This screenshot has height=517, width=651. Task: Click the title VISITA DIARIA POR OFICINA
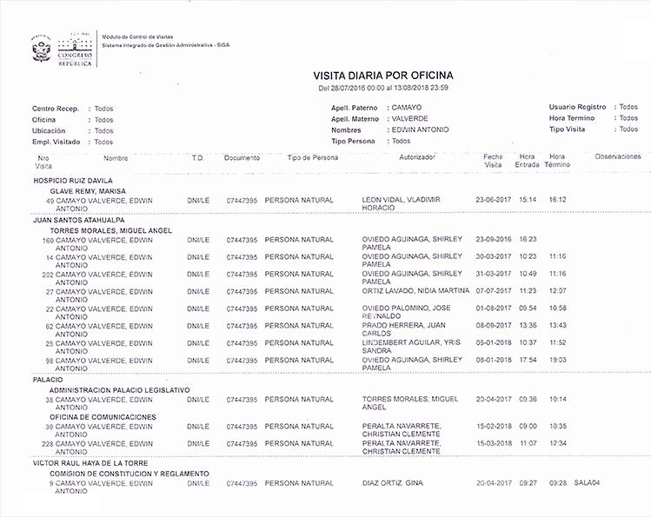click(x=382, y=76)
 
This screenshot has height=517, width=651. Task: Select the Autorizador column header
click(x=416, y=157)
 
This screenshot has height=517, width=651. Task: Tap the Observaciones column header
click(x=618, y=156)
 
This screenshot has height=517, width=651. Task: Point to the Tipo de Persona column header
click(x=312, y=157)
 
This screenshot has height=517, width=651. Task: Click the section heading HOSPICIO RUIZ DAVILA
click(x=73, y=181)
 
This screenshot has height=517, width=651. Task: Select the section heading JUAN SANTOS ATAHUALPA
click(x=78, y=221)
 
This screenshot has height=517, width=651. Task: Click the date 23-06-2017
click(x=493, y=200)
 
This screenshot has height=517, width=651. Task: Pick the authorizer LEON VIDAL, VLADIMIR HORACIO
click(x=401, y=204)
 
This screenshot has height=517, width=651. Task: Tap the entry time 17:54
click(x=528, y=360)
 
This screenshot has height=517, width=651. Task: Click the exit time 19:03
click(x=557, y=360)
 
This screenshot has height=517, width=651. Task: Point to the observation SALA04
click(x=588, y=483)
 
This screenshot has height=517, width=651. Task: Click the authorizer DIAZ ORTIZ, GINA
click(x=392, y=483)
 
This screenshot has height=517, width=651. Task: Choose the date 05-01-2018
click(x=493, y=342)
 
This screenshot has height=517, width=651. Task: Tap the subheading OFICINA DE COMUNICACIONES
click(x=103, y=417)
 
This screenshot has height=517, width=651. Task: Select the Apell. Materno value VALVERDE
click(x=410, y=118)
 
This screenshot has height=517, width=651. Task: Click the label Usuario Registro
click(x=577, y=107)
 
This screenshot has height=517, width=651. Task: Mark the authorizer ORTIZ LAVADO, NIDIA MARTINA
click(x=415, y=291)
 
